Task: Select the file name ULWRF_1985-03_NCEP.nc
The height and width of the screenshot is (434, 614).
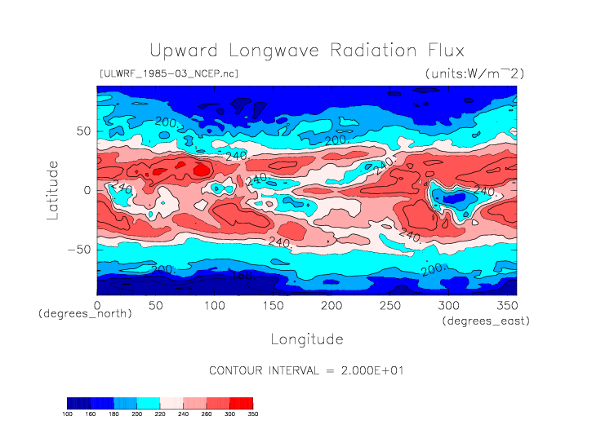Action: (x=168, y=73)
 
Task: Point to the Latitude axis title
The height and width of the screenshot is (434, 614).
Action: (x=53, y=189)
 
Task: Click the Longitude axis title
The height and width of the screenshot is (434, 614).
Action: (x=306, y=339)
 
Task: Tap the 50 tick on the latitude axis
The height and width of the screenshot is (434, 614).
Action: (x=82, y=131)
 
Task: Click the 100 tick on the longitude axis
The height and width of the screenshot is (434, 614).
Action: (x=214, y=305)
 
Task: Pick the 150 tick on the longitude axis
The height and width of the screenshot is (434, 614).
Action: (x=273, y=305)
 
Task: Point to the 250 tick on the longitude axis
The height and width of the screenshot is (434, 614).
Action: (x=389, y=305)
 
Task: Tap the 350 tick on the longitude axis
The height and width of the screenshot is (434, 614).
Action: (x=506, y=305)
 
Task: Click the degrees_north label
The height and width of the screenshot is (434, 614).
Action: (x=74, y=314)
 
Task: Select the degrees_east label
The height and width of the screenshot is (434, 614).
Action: (x=487, y=321)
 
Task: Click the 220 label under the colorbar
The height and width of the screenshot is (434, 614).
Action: (x=160, y=414)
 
